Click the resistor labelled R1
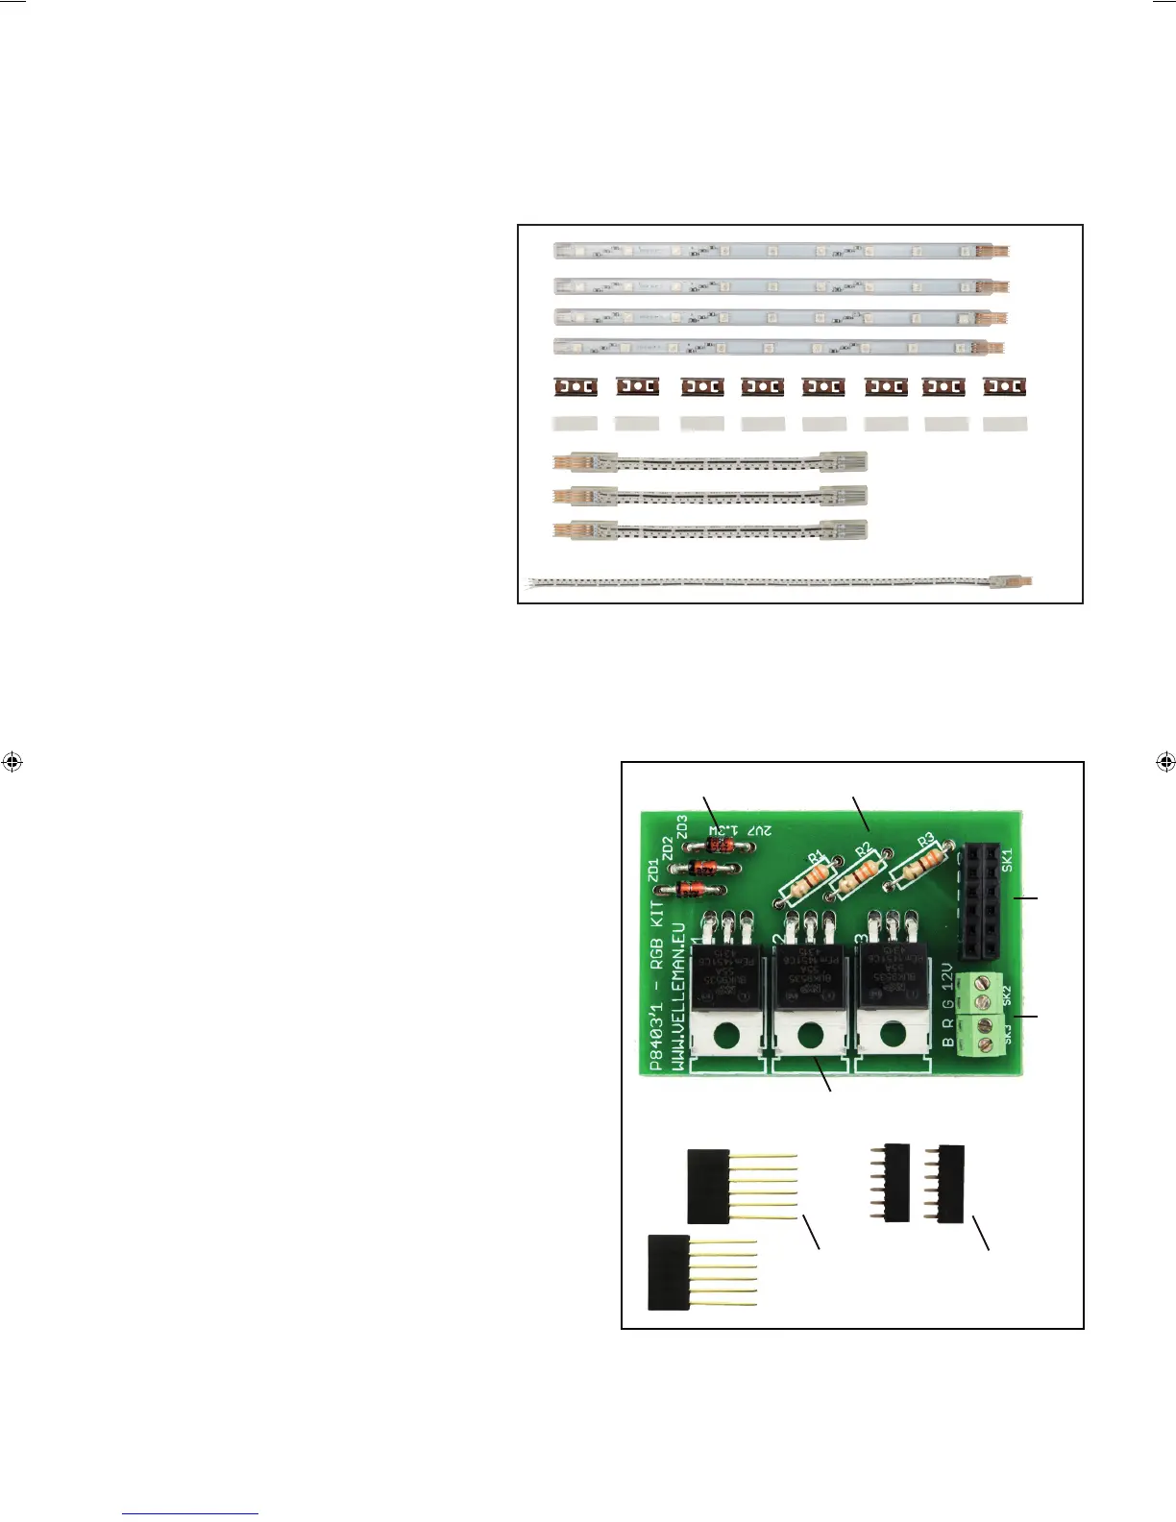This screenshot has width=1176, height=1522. pyautogui.click(x=809, y=878)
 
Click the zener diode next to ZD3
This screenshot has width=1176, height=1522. pyautogui.click(x=722, y=846)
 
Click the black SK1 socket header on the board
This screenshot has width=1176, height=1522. pyautogui.click(x=981, y=899)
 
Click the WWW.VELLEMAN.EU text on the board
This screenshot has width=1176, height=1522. pyautogui.click(x=676, y=990)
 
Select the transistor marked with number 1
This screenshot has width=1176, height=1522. pyautogui.click(x=726, y=975)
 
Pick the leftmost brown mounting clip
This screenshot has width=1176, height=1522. pyautogui.click(x=576, y=387)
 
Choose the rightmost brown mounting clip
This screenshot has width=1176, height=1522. pyautogui.click(x=1004, y=387)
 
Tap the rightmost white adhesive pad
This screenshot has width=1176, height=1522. pyautogui.click(x=1005, y=424)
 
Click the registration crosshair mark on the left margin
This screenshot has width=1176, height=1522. pyautogui.click(x=12, y=762)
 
